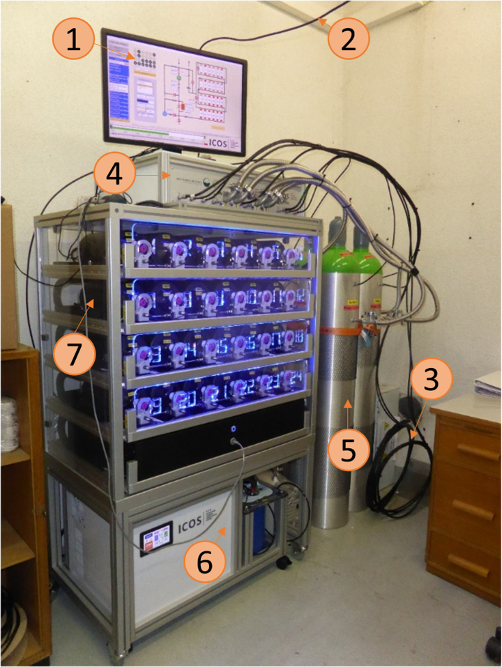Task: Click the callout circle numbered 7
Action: pos(73,342)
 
